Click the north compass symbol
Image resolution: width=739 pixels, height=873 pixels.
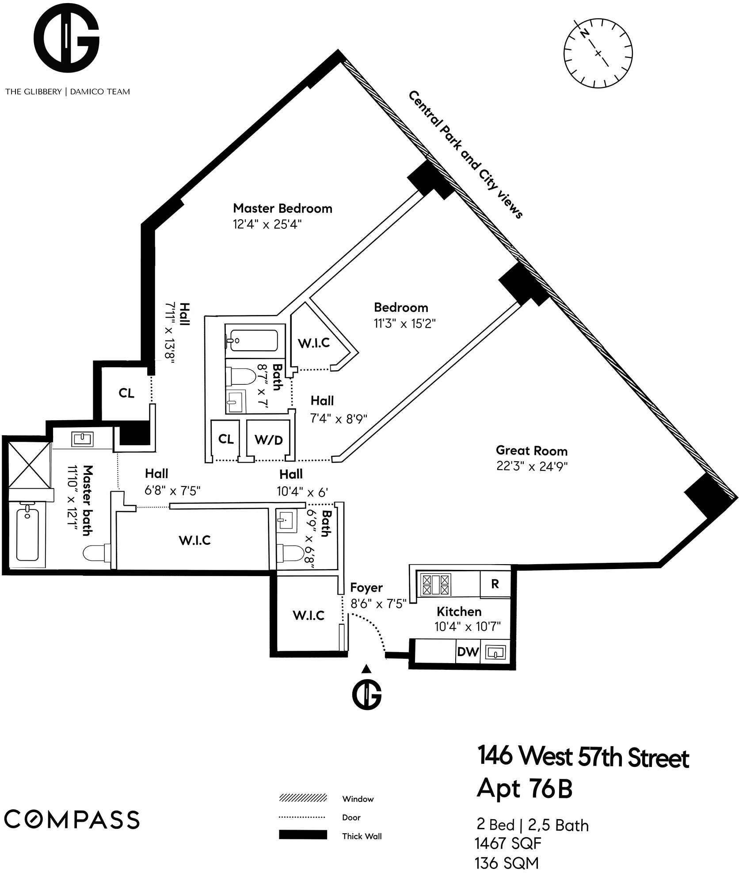point(598,53)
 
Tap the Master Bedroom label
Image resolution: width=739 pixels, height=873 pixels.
point(282,209)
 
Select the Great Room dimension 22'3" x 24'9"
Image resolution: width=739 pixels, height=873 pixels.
point(532,467)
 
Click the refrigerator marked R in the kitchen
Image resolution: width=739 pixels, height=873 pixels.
point(495,584)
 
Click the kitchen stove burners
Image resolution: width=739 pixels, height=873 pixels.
point(436,585)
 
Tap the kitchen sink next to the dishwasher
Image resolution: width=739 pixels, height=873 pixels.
point(495,652)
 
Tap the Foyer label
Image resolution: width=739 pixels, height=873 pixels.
point(366,588)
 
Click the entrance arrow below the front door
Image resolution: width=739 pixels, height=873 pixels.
point(366,668)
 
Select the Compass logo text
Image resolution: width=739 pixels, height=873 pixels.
point(72,819)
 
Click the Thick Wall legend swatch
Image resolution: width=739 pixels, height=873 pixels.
point(303,835)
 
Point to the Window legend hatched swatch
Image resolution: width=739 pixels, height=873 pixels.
point(303,798)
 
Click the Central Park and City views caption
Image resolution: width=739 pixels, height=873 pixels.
point(465,154)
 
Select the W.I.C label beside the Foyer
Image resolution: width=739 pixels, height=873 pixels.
point(309,615)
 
